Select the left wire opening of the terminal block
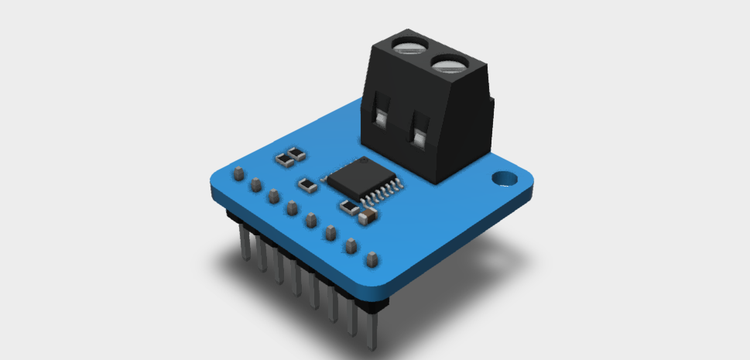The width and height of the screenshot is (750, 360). point(381,118)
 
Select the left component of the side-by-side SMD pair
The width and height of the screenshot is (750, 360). point(285,160)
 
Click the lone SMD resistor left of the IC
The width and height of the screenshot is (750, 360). point(307,185)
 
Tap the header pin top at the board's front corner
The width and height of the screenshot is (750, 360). point(371,259)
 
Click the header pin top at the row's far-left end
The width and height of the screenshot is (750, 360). point(238,172)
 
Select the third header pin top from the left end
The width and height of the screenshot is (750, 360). point(273,197)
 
